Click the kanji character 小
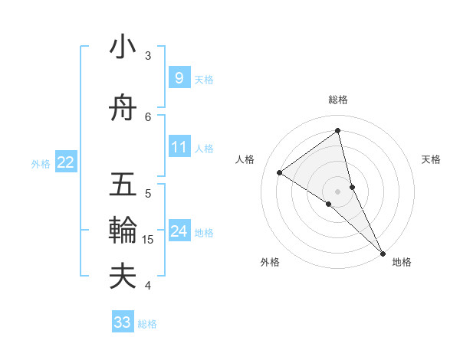pos(123,48)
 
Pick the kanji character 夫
pos(123,276)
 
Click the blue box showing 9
pos(179,77)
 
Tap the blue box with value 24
pos(179,231)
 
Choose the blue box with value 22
pos(66,162)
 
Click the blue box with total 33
pos(123,322)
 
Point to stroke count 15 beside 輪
pos(148,240)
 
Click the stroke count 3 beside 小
pos(148,56)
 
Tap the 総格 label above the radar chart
pos(337,100)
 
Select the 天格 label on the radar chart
pos(432,159)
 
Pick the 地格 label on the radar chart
pos(402,262)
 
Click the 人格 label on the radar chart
pos(245,159)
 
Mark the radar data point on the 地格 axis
pos(382,252)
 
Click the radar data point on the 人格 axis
pos(280,172)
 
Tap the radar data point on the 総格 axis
pos(337,130)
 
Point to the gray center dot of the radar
pos(337,191)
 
